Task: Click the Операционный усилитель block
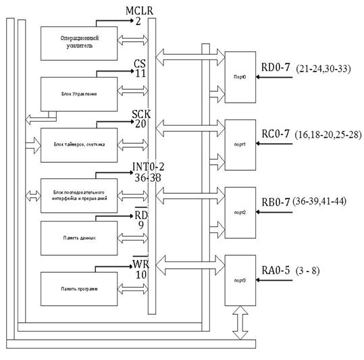coord(79,43)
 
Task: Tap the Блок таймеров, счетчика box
coord(79,144)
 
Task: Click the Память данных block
coord(79,238)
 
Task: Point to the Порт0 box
coord(240,77)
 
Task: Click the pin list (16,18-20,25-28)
coord(328,136)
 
